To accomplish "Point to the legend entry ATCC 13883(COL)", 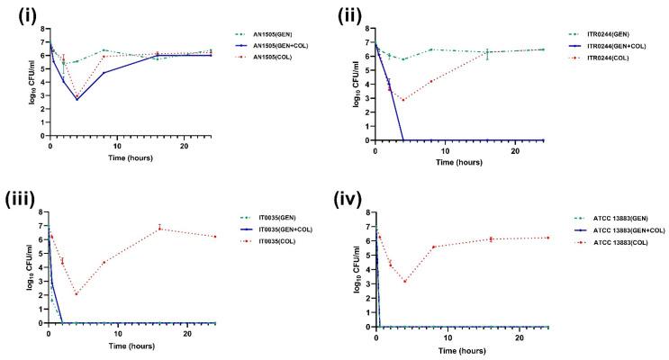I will pyautogui.click(x=616, y=248).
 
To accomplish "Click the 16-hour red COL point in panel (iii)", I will pyautogui.click(x=159, y=229).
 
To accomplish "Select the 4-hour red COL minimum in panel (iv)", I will pyautogui.click(x=405, y=282).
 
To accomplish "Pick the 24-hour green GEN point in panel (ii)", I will pyautogui.click(x=542, y=49).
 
